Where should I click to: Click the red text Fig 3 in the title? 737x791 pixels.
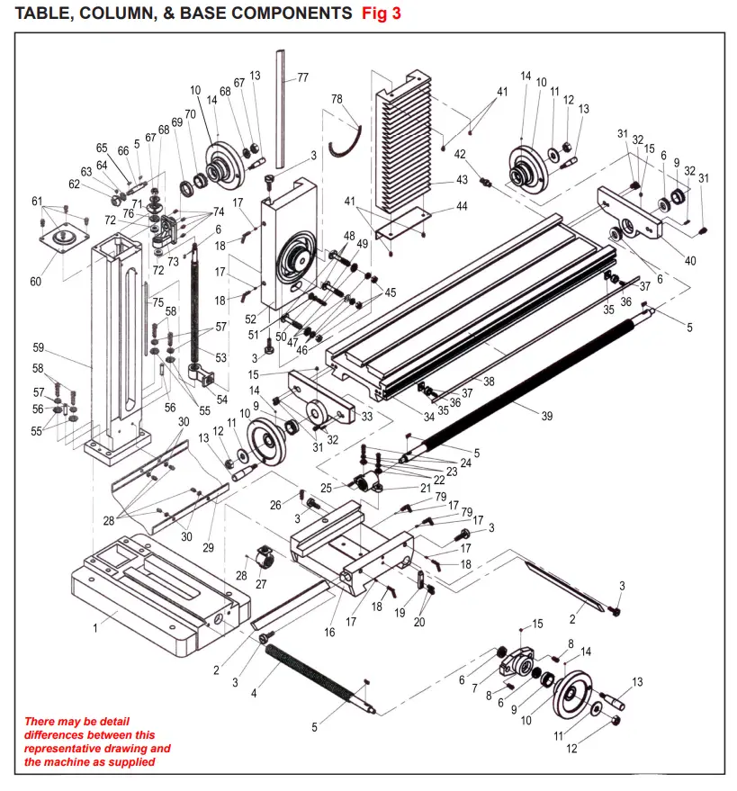(x=381, y=13)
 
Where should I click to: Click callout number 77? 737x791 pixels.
(x=302, y=77)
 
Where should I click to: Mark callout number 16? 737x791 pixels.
(x=329, y=633)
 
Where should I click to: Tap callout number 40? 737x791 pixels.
(x=690, y=261)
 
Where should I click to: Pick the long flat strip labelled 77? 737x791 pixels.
(x=282, y=108)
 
